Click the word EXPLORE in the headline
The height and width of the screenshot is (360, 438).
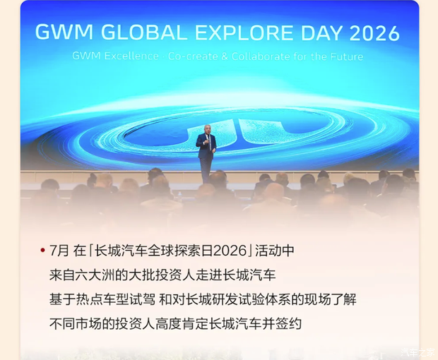[x=244, y=33]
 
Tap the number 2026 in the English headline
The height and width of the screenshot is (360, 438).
[x=374, y=33]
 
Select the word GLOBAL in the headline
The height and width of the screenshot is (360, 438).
[x=143, y=33]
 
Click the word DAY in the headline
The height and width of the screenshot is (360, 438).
[x=321, y=33]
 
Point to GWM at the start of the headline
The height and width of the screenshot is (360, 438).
[x=64, y=33]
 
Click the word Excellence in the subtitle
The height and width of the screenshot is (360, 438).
[x=131, y=56]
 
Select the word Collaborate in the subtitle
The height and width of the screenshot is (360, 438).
[x=261, y=56]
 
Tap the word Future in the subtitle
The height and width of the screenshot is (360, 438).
[x=347, y=56]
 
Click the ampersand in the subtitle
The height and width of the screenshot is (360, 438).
[x=225, y=56]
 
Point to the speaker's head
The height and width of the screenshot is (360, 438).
[x=207, y=129]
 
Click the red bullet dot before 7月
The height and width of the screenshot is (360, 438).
[x=42, y=250]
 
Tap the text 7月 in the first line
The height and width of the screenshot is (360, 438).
[x=59, y=250]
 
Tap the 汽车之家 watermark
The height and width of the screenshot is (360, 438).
[x=418, y=352]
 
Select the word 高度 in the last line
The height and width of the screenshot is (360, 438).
[x=168, y=324]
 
